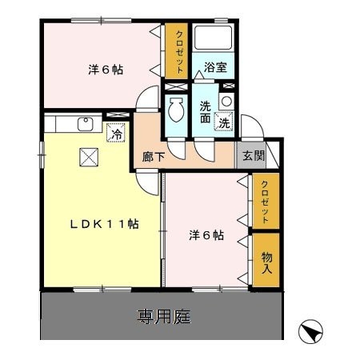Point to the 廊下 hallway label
coord(153,157)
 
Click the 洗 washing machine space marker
coord(226,123)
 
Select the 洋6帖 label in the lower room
coord(206,236)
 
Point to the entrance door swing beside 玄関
coord(254,128)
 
